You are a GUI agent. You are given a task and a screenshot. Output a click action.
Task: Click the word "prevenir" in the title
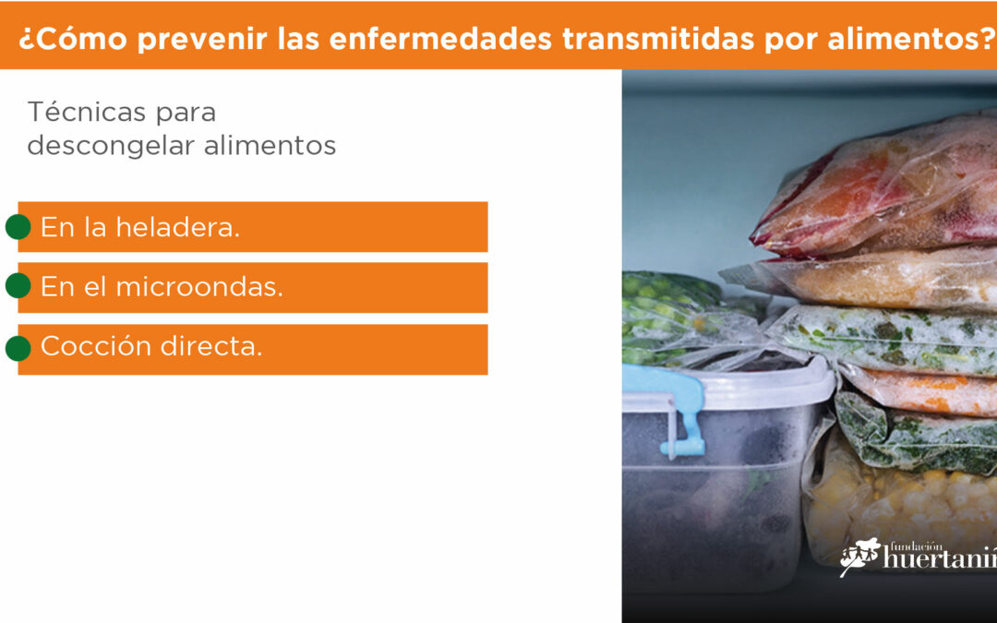[202, 39]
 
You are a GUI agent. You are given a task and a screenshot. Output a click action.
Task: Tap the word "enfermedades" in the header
[440, 38]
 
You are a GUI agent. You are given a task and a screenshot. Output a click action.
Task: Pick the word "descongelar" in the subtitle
[111, 146]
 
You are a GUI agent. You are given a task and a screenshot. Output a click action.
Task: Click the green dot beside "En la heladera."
[18, 227]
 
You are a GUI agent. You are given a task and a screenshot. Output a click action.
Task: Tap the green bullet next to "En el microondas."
[18, 286]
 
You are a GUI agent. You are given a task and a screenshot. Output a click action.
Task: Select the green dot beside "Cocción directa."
[18, 348]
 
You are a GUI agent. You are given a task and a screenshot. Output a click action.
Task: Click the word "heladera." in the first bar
[177, 227]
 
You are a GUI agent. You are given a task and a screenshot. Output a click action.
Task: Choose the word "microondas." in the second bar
[199, 287]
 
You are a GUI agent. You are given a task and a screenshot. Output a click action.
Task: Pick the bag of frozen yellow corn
[903, 502]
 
